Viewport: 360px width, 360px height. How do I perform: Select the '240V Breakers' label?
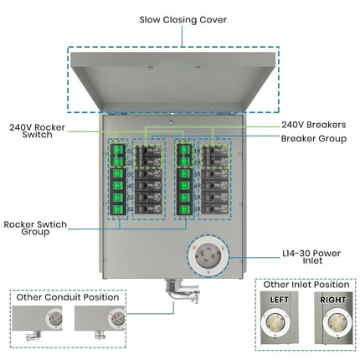pos(312,124)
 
